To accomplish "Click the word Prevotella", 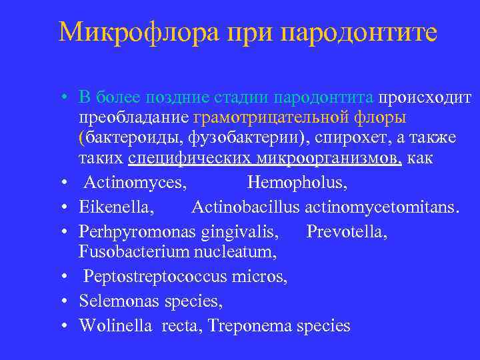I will tap(347, 232).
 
